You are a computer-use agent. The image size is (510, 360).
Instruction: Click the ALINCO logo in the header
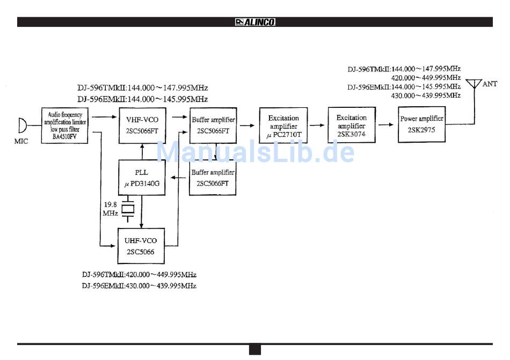point(255,22)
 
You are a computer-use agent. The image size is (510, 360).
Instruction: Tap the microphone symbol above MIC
point(22,126)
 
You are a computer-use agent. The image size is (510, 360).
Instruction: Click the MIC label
point(22,142)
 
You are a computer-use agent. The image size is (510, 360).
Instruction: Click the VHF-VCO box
point(142,124)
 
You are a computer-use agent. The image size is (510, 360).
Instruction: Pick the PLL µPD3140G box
point(142,178)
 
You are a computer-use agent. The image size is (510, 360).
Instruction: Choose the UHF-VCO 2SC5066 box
point(141,246)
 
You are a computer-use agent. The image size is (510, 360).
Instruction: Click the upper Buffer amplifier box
point(213,125)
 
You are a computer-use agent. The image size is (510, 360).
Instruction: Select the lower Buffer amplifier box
point(213,178)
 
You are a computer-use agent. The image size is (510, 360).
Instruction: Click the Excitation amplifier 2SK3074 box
point(351,125)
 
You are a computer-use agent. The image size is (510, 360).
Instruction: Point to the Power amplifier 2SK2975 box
point(421,123)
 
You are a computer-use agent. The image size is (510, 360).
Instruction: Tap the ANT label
point(490,84)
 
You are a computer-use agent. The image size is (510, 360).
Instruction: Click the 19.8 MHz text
point(110,208)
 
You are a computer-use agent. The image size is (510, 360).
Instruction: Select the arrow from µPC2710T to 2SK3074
point(317,125)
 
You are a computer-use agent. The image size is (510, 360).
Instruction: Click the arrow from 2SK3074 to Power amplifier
point(385,124)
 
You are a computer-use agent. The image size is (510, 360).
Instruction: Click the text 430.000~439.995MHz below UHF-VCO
point(139,286)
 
